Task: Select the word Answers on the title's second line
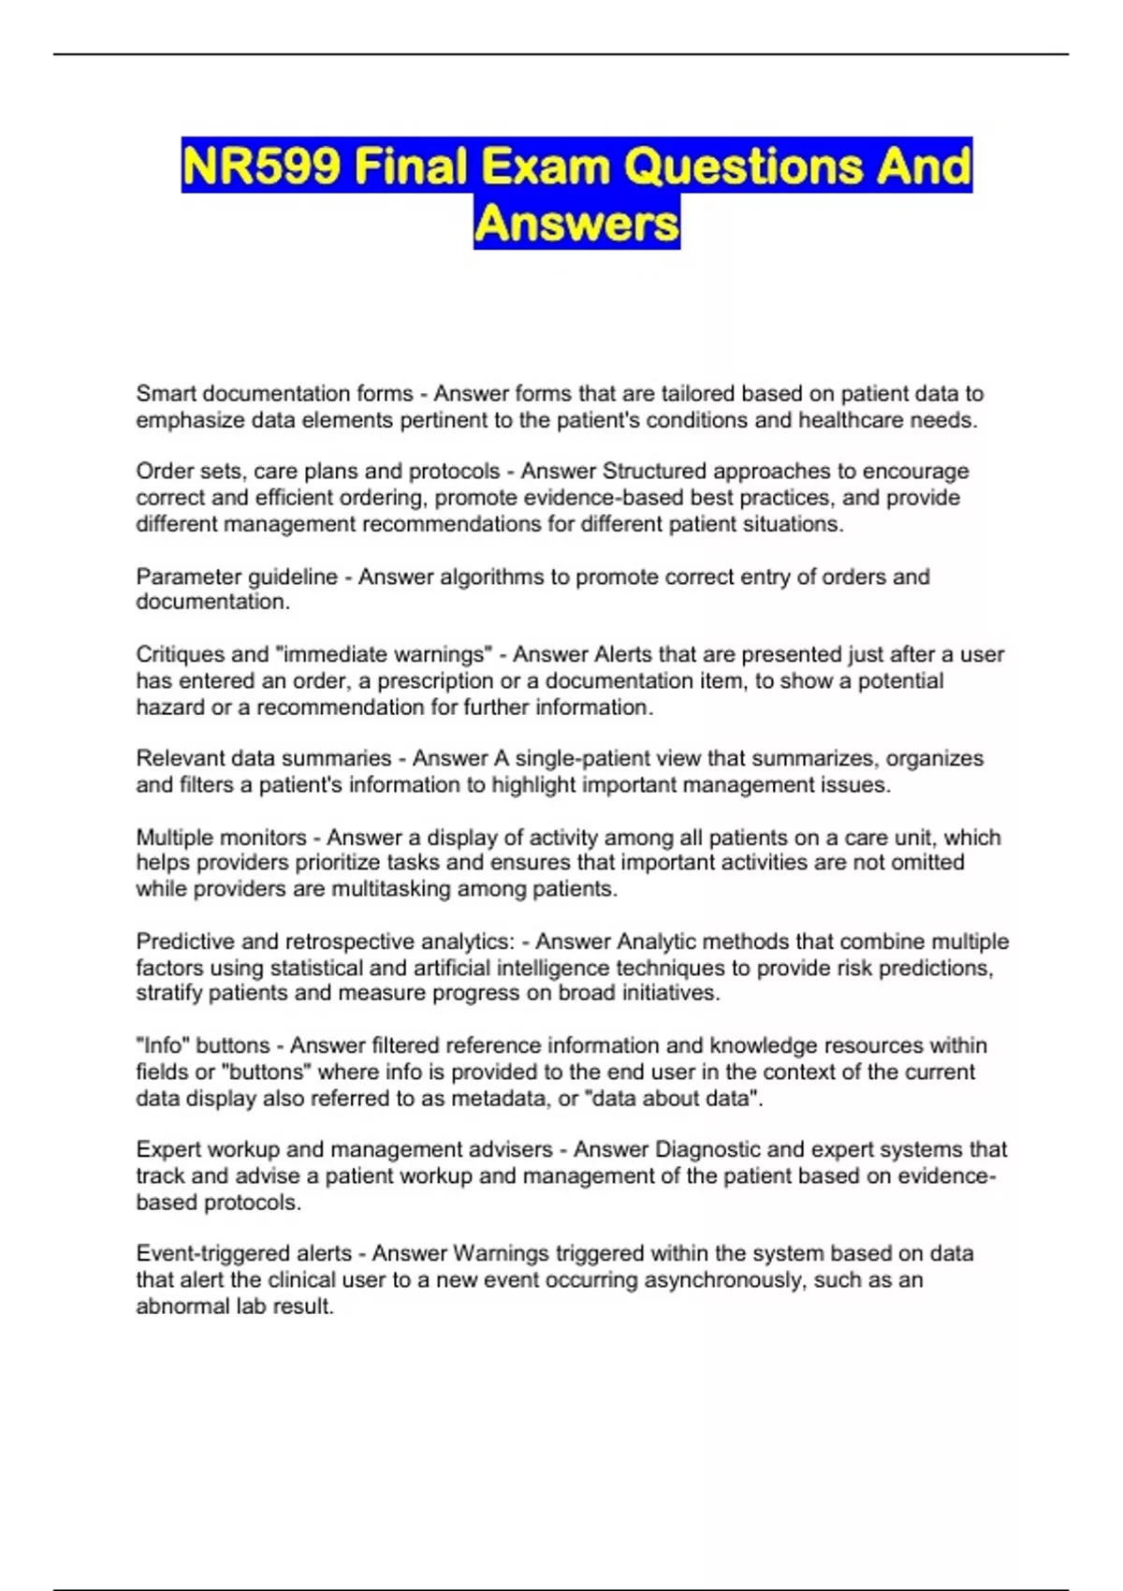tap(576, 224)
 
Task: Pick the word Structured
tap(653, 471)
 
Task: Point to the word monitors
tap(264, 837)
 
